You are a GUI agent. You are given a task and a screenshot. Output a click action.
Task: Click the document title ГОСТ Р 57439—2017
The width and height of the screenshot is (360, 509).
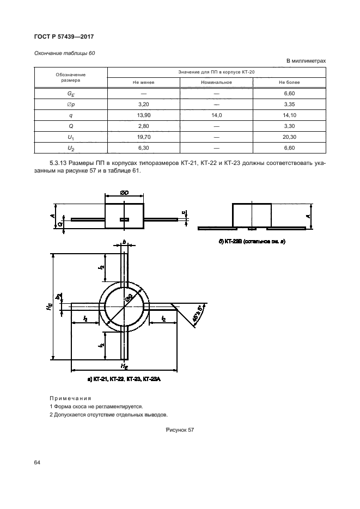coord(64,36)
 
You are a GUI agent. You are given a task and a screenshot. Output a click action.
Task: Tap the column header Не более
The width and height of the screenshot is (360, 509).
coord(289,82)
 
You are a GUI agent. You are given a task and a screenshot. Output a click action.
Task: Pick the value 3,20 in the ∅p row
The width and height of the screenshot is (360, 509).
coord(144,104)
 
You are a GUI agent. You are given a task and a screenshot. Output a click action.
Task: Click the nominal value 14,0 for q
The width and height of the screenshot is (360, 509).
coord(216,115)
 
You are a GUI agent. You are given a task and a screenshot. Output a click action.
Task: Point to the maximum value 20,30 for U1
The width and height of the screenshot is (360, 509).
coord(289,137)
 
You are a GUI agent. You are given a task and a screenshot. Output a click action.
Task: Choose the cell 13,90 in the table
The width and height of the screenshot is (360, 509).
coord(144,115)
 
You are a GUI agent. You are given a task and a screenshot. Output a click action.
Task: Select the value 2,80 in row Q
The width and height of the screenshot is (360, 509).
coord(144,126)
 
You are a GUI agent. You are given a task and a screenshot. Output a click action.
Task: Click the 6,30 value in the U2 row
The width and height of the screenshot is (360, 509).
coord(144,148)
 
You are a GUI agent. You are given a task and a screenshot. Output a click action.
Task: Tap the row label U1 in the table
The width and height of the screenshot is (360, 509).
coord(71,137)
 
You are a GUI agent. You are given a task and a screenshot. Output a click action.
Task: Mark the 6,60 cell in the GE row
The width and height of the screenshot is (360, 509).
coord(289,93)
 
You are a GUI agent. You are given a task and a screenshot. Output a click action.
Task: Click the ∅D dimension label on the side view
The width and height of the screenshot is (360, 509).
coord(124,193)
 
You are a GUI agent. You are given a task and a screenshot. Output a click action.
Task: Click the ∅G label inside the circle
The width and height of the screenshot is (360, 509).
coord(129,298)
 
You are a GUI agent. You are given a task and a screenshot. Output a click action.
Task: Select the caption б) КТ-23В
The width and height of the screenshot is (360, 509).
coord(248,241)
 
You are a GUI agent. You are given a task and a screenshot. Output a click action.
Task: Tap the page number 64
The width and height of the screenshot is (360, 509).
coord(37,462)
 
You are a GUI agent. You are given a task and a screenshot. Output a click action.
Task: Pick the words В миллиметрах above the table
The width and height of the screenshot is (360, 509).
coord(306,61)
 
